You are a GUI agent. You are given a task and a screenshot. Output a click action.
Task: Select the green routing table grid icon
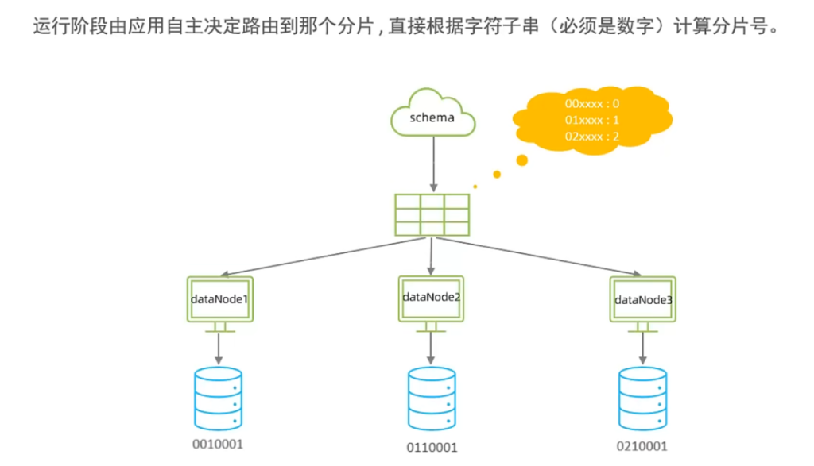tap(431, 214)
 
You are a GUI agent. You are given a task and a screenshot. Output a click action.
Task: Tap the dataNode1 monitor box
tap(220, 299)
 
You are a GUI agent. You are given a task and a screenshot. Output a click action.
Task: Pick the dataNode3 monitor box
tap(643, 299)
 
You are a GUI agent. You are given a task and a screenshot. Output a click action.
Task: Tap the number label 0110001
tap(432, 448)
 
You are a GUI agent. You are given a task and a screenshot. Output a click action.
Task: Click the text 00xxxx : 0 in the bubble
tap(591, 104)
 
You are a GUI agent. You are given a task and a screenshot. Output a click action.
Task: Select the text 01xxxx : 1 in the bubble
tap(591, 121)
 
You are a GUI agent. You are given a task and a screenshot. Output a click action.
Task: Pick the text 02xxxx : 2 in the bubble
tap(591, 137)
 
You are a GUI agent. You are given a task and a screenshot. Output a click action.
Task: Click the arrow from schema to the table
tap(432, 163)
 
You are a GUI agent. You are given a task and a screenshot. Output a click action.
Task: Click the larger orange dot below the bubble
tap(521, 160)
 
